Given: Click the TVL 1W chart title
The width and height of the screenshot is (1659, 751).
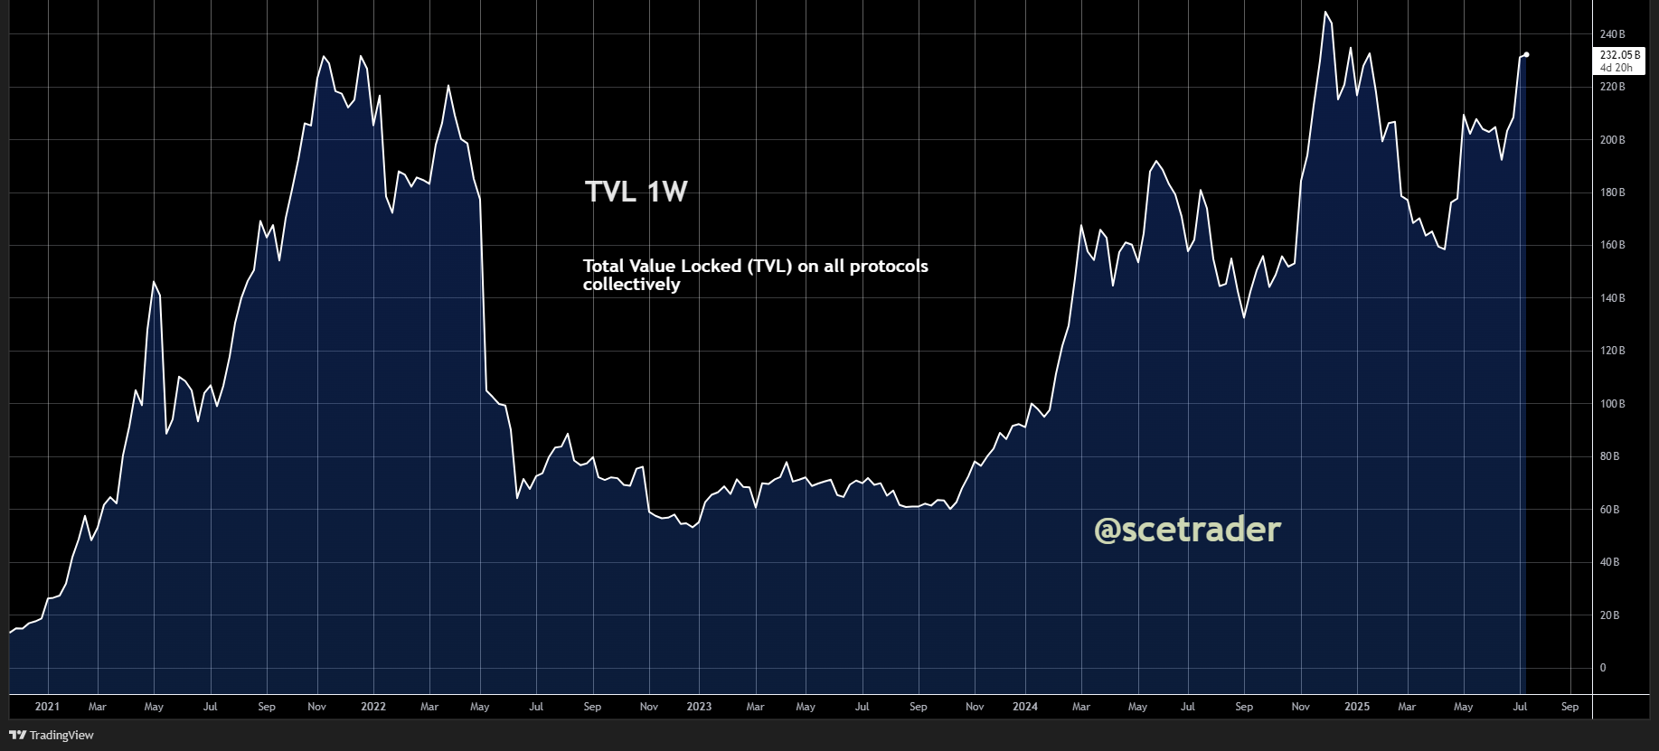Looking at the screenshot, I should click(636, 192).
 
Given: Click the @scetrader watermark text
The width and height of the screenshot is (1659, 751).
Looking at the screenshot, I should click(1187, 530).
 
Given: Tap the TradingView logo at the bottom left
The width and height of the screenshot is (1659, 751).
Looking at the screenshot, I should click(52, 735).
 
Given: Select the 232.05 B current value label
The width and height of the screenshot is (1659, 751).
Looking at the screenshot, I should click(1619, 55).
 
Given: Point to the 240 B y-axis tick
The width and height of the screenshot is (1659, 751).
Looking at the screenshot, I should click(1612, 34).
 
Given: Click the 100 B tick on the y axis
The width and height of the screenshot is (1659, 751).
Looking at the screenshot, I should click(1612, 404).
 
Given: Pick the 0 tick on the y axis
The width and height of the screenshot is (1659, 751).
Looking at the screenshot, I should click(1603, 668).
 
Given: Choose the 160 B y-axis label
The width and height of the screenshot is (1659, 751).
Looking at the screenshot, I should click(1612, 245).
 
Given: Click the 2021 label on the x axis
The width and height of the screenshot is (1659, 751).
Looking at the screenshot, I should click(47, 707).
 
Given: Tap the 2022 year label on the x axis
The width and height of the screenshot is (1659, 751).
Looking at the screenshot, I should click(373, 707).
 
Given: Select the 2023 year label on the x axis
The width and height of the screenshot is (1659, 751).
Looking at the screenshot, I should click(699, 707).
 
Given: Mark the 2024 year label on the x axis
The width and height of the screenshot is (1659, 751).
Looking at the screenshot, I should click(1025, 707).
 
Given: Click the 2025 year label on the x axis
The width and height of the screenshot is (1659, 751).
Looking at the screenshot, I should click(1356, 707).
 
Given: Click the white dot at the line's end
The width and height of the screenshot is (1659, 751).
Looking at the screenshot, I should click(1526, 55).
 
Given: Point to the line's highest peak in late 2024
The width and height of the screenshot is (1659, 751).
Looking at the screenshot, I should click(1325, 12).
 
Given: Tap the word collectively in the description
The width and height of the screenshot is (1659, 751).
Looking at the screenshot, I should click(631, 285).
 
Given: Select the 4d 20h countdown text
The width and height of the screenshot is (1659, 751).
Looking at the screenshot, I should click(1617, 68).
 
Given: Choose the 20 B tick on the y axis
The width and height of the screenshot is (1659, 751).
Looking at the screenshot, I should click(1609, 615).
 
